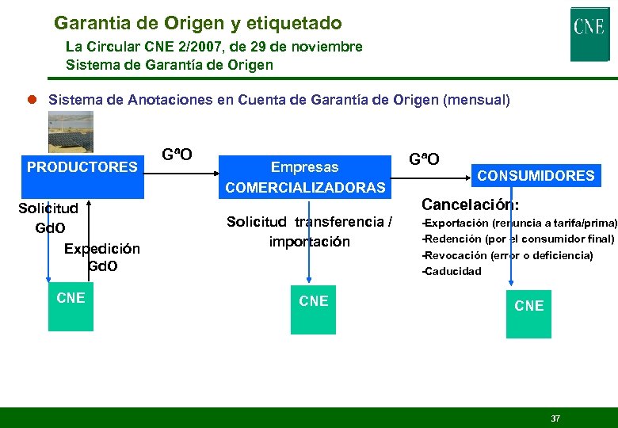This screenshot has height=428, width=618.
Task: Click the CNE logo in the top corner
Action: pos(589,33)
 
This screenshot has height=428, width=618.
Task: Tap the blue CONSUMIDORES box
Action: pos(535,175)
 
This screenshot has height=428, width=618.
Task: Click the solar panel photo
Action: pos(71,131)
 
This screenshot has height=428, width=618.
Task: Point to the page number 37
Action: pos(555,418)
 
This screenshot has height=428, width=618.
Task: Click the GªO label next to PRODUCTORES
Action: pos(177,154)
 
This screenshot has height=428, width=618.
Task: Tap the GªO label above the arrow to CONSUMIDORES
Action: pos(424,159)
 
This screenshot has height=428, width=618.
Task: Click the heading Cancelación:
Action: pos(471,205)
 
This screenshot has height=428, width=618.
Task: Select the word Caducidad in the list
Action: pos(453,271)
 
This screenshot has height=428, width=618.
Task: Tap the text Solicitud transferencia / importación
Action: pos(309,231)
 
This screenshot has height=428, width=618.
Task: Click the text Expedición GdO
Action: pos(101,257)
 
